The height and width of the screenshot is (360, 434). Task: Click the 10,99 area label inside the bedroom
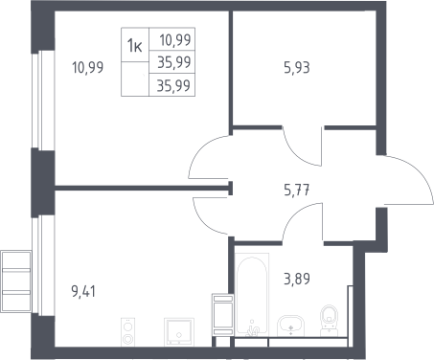click(88, 68)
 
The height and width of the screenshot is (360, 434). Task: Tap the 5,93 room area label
click(297, 68)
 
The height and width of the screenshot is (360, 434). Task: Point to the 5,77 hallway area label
click(297, 191)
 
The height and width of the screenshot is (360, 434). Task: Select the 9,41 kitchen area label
click(83, 292)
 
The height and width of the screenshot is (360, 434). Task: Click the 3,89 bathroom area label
click(297, 279)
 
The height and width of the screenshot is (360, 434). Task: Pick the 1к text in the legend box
click(134, 45)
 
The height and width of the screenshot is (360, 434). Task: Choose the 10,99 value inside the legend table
click(175, 40)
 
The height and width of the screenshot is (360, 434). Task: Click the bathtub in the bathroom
click(252, 294)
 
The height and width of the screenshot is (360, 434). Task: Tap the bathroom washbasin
click(290, 326)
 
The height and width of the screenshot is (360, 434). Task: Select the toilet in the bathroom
click(329, 321)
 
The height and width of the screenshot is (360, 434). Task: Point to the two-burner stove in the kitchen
click(127, 332)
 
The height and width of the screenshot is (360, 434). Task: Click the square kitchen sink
click(179, 331)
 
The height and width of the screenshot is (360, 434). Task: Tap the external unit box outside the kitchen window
click(16, 281)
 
